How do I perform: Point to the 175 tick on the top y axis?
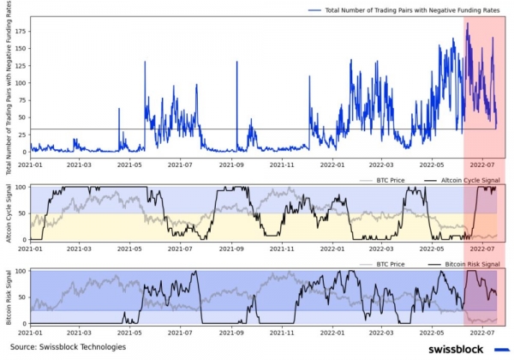(21, 31)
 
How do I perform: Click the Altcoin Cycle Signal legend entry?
(463, 180)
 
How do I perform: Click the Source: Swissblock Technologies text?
(68, 347)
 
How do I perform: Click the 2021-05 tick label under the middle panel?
(130, 249)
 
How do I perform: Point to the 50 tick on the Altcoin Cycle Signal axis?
(23, 214)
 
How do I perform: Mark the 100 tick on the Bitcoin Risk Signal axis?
(21, 271)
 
